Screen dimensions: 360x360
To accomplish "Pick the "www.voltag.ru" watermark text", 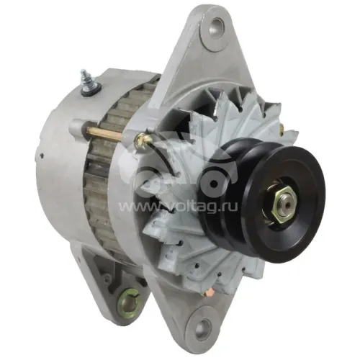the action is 178,206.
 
